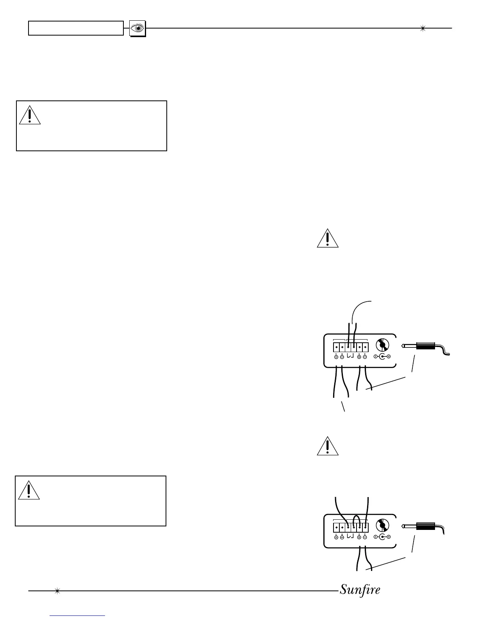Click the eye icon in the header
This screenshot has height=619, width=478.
(x=137, y=29)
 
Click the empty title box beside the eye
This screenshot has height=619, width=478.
(x=76, y=28)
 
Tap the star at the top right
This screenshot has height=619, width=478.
(x=422, y=28)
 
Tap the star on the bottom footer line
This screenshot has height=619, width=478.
(x=57, y=591)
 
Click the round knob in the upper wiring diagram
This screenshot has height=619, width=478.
(x=383, y=345)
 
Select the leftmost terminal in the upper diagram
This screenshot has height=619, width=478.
(x=336, y=347)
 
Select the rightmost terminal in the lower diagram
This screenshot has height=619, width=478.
(x=365, y=527)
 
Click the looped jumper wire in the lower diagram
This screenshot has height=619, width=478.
(x=356, y=520)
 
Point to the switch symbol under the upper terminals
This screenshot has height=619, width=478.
(x=350, y=356)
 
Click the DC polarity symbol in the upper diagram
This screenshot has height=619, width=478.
(x=382, y=356)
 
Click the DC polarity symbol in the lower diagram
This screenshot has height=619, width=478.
(x=382, y=537)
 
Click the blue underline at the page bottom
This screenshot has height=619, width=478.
(x=78, y=616)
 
